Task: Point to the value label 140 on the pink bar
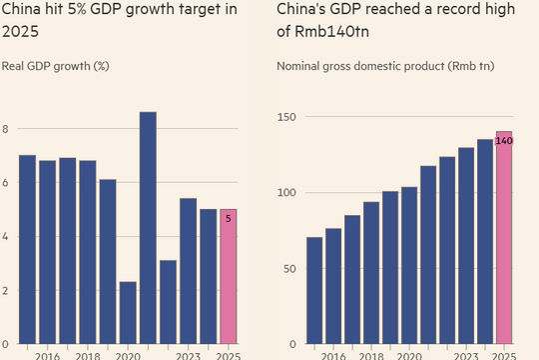[x=504, y=141]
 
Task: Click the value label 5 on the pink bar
[x=228, y=215]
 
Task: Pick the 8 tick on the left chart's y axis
[x=6, y=129]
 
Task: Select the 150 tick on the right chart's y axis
[x=287, y=117]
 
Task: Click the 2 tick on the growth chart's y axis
[x=6, y=291]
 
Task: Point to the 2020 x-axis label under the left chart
[x=128, y=354]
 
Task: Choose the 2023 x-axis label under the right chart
[x=464, y=354]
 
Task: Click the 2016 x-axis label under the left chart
[x=47, y=354]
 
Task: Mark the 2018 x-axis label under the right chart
[x=372, y=354]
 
